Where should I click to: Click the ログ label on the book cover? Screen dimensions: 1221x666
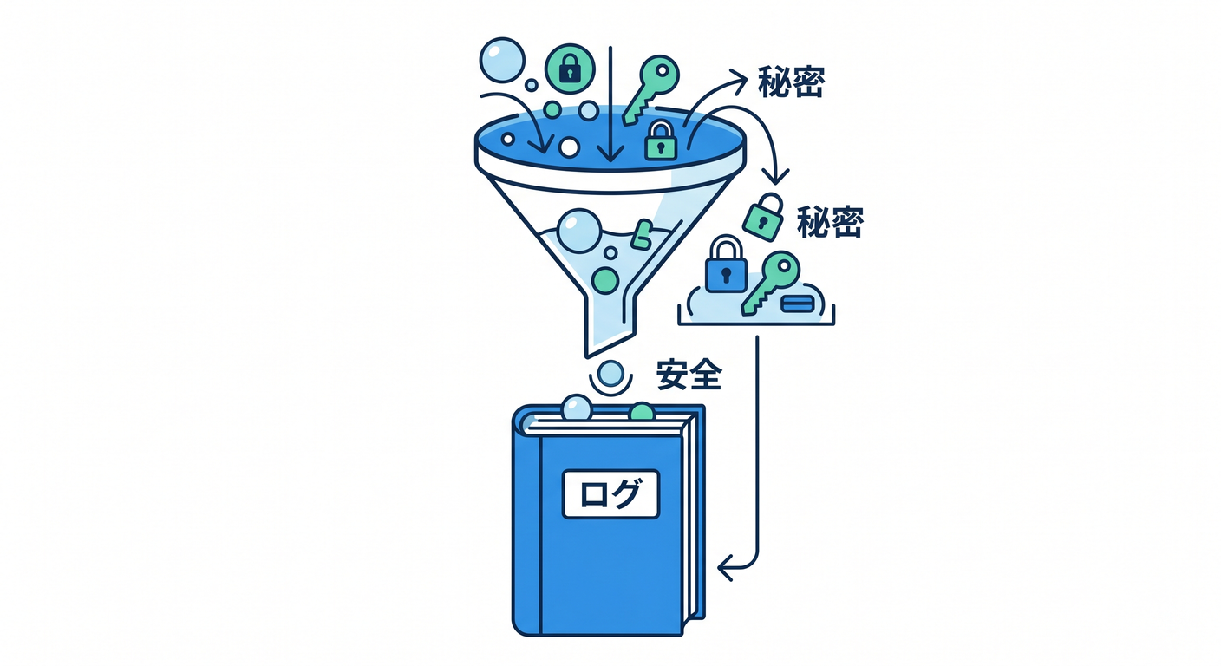610,493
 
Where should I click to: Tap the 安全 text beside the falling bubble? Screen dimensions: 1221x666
689,375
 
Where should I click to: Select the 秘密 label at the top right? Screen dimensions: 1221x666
791,82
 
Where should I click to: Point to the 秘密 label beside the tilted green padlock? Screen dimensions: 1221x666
830,222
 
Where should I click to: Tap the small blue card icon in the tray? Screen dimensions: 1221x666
798,304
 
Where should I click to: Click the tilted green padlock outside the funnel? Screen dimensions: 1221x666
763,217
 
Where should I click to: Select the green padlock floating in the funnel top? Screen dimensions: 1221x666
661,140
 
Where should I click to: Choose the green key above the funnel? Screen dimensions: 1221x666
651,88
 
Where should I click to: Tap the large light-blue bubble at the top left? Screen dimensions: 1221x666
502,61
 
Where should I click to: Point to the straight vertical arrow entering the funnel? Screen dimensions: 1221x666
610,104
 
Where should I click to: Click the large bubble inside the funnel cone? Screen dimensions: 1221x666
579,231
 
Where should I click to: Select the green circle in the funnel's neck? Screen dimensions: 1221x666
605,281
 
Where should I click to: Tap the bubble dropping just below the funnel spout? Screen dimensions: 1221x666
610,374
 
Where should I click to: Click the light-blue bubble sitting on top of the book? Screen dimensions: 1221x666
577,408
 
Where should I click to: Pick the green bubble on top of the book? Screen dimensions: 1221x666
642,412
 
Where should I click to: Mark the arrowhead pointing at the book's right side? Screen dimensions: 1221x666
725,569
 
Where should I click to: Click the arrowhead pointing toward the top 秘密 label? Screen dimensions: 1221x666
740,82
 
